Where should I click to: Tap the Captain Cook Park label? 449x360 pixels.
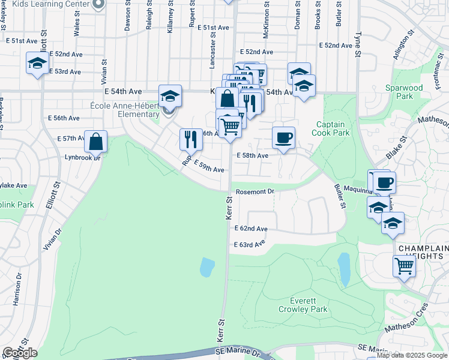click(332, 128)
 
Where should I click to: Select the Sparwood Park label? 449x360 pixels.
click(403, 92)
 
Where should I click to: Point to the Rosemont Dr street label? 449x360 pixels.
click(255, 191)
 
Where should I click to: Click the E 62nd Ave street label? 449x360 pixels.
click(252, 229)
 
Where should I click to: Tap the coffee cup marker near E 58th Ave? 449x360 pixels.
click(283, 137)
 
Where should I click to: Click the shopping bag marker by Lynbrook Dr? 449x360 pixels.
click(95, 141)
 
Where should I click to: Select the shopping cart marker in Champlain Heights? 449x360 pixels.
click(404, 265)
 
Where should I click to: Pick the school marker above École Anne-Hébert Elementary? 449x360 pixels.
click(170, 95)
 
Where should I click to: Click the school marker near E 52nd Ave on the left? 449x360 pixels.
click(37, 62)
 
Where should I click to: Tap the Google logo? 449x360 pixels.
click(20, 353)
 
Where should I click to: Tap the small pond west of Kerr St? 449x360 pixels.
click(207, 267)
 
